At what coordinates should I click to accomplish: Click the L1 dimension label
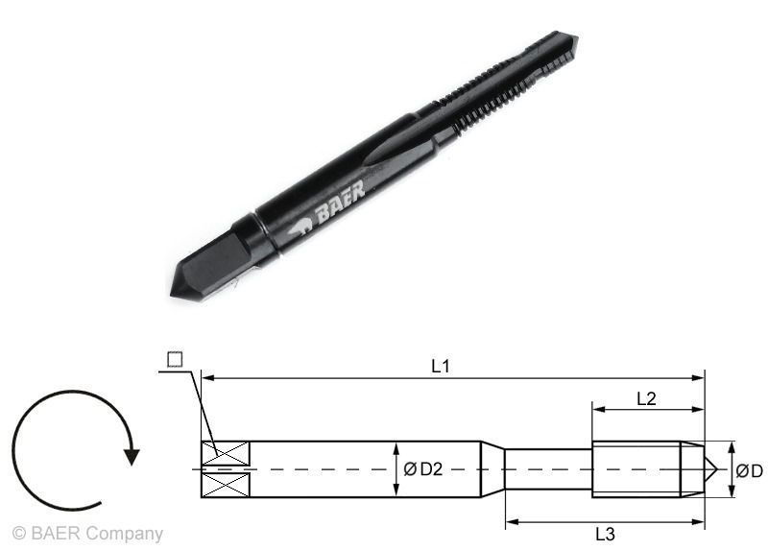[441, 366]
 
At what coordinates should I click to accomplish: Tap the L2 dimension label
[647, 398]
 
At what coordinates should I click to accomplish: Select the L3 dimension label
[605, 534]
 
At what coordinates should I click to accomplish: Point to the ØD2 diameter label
[422, 469]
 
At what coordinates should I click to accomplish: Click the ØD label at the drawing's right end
[750, 471]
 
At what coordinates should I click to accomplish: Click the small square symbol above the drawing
[175, 360]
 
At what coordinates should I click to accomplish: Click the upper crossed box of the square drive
[227, 451]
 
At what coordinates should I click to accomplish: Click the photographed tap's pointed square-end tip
[179, 289]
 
